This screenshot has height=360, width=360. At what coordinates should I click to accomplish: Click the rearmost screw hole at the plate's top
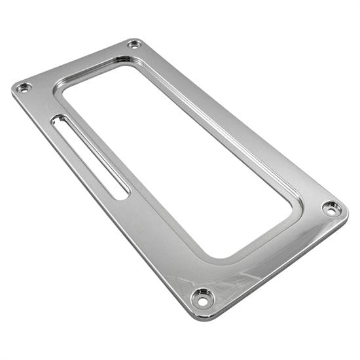coord(134,44)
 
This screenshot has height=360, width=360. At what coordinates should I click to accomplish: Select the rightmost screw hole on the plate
coord(332,209)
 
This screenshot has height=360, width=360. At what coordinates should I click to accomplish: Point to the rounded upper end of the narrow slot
coord(58,120)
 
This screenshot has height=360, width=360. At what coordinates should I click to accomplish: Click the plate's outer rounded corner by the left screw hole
coord(14,88)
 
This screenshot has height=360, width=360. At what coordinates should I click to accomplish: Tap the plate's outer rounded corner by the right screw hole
coord(346,211)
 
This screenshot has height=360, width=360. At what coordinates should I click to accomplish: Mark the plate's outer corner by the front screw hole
coord(196,316)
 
